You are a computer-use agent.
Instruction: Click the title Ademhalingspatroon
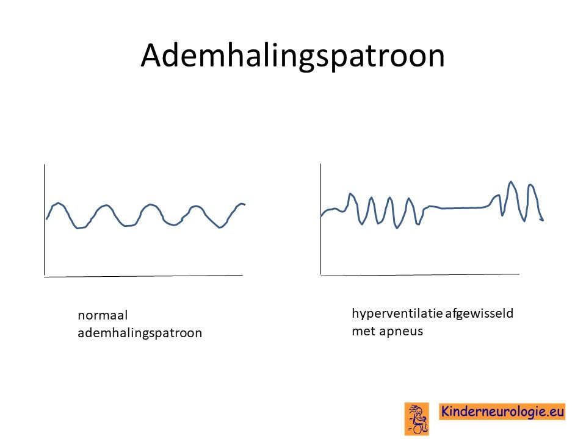tap(292, 56)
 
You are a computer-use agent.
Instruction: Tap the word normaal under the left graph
tap(103, 315)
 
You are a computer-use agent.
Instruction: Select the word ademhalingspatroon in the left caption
tap(140, 333)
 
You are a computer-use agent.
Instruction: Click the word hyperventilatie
tap(397, 313)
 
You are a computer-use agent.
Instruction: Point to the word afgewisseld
tap(479, 313)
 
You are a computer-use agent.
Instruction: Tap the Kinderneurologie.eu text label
tap(502, 412)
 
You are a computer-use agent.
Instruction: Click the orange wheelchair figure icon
tap(417, 419)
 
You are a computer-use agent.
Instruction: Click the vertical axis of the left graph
tap(45, 220)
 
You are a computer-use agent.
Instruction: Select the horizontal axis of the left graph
tap(143, 276)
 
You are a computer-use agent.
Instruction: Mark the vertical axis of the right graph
tap(320, 220)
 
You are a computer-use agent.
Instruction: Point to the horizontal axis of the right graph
tap(420, 275)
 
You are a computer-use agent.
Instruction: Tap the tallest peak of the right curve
tap(511, 182)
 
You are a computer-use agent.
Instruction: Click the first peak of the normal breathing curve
tap(58, 203)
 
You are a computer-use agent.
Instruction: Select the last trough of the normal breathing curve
tap(220, 227)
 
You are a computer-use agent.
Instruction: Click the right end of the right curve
tap(543, 220)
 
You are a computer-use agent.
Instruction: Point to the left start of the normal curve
tap(46, 219)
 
